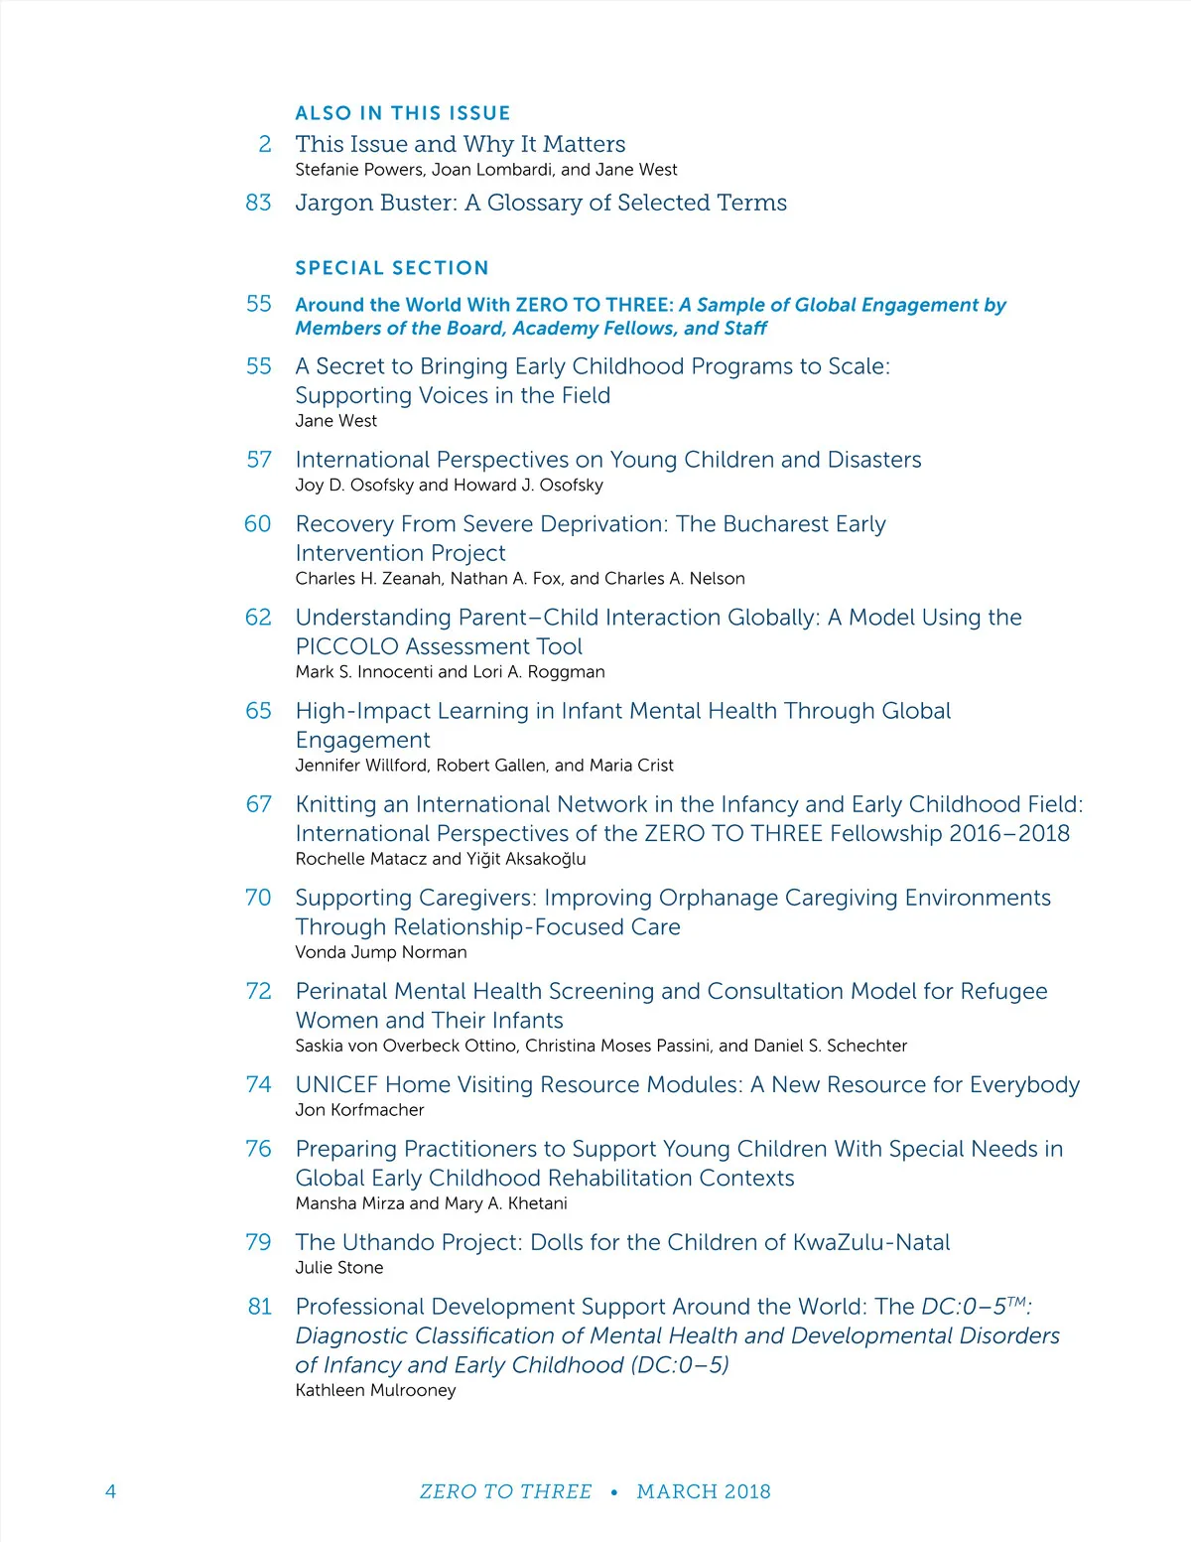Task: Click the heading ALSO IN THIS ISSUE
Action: [x=403, y=113]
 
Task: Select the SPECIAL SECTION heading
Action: [x=392, y=268]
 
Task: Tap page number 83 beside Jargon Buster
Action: [x=258, y=203]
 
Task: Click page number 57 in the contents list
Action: [x=259, y=460]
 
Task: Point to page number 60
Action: [x=258, y=523]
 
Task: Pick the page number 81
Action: [x=260, y=1307]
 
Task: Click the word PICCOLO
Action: [x=346, y=646]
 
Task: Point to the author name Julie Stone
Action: [x=339, y=1268]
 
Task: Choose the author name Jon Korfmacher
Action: [x=359, y=1110]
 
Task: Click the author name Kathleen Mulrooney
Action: [x=375, y=1390]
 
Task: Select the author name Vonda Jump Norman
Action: [x=381, y=952]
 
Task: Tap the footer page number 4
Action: [x=110, y=1491]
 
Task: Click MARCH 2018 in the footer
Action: [x=704, y=1491]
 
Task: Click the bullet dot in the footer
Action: [x=614, y=1491]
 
